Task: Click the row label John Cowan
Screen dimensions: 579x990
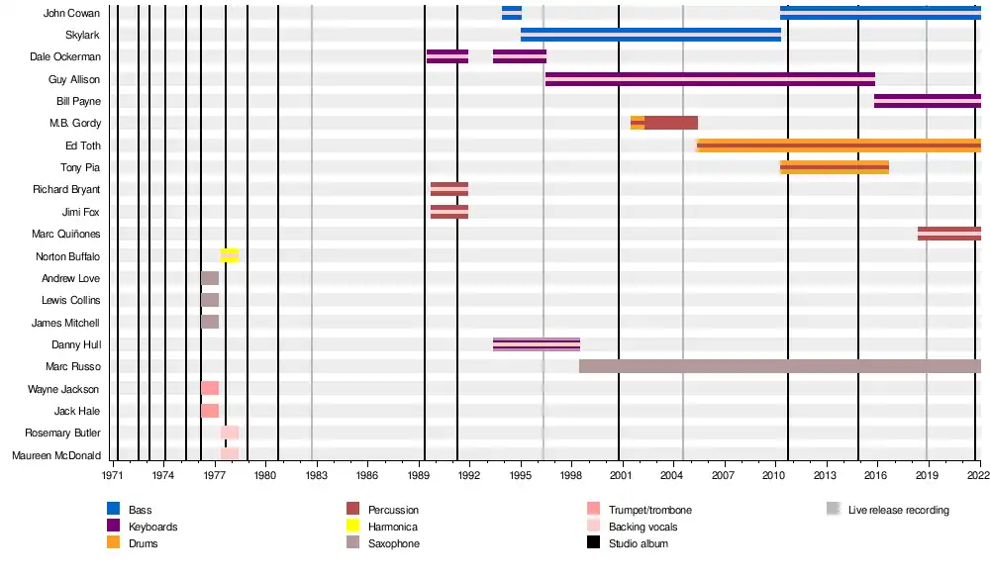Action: (71, 13)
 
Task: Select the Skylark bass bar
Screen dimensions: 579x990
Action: (650, 35)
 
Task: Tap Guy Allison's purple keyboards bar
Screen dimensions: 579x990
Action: (710, 79)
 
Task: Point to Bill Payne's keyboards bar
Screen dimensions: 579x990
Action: (928, 101)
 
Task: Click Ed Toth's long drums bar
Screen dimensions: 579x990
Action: (839, 145)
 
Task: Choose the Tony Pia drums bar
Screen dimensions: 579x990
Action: (834, 167)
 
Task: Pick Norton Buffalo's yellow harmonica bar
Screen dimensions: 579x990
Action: (229, 255)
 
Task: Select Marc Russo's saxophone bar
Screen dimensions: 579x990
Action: (779, 366)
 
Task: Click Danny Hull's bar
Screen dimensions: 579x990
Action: (536, 344)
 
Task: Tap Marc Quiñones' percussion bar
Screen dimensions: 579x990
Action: (948, 234)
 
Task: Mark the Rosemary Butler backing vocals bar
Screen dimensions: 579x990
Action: (229, 433)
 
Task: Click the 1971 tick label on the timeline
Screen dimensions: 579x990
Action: (114, 476)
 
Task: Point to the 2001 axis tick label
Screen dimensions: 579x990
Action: (620, 476)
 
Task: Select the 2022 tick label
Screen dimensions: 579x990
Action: (977, 476)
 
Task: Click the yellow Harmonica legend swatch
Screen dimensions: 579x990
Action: (351, 527)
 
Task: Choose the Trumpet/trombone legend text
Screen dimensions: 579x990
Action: (650, 511)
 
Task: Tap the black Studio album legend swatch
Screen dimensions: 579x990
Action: (594, 543)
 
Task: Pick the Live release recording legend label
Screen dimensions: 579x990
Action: (898, 511)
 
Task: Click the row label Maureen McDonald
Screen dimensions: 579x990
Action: (56, 455)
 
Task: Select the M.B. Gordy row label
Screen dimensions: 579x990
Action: (75, 124)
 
